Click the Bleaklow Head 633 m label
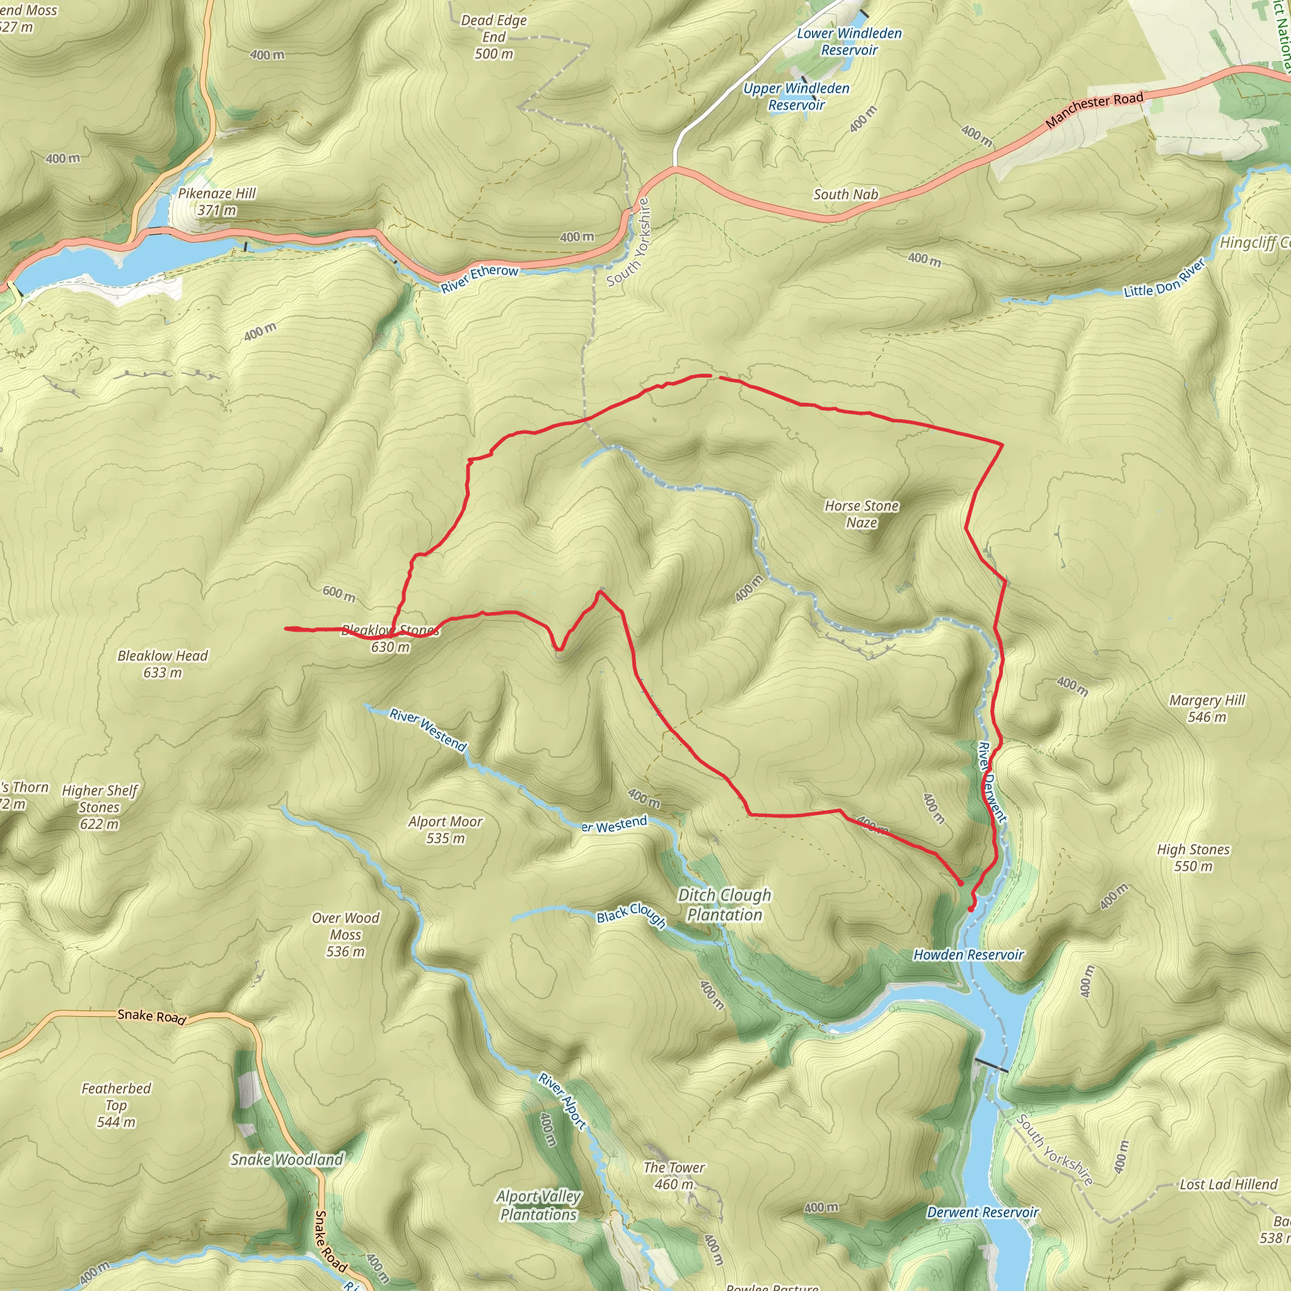point(163,664)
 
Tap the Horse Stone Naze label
point(861,514)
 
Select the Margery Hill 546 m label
point(1207,709)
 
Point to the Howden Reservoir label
point(968,955)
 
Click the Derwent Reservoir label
point(982,1212)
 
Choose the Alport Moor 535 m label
point(445,830)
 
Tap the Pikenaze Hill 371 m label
point(216,201)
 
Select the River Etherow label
point(479,278)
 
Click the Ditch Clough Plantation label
point(724,905)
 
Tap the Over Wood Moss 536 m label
point(345,934)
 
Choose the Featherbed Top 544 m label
point(116,1105)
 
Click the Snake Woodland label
point(287,1159)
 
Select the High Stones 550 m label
point(1193,857)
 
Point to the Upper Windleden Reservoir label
point(797,96)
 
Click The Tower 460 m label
point(674,1176)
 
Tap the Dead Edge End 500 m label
point(494,37)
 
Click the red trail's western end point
point(286,628)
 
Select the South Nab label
point(845,194)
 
